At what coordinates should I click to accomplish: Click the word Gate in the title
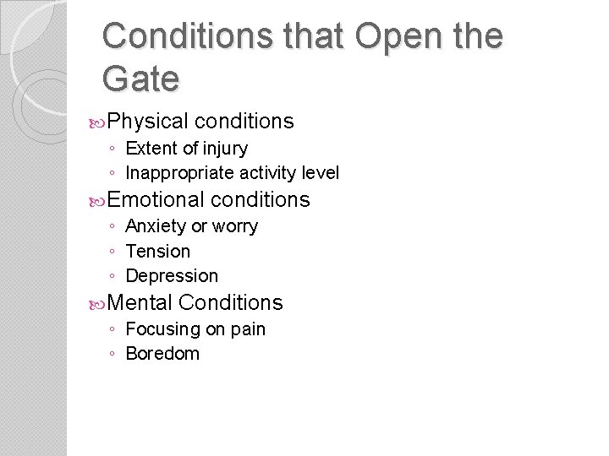point(140,79)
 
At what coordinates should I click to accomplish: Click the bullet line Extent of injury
point(186,149)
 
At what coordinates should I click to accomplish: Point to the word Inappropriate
point(179,173)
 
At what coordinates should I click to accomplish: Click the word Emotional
point(156,199)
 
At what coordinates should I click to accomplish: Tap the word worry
point(236,226)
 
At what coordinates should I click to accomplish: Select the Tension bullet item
point(157,251)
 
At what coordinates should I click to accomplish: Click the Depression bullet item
point(171,276)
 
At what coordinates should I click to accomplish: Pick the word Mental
point(140,302)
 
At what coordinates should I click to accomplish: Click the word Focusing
point(162,329)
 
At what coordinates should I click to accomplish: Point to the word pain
point(248,329)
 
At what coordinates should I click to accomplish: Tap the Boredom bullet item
point(162,354)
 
